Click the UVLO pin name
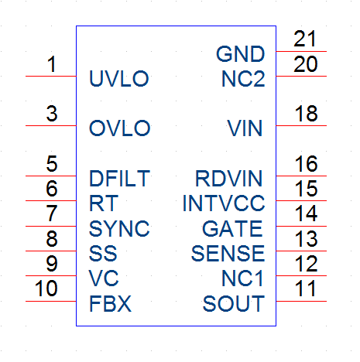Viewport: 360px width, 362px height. (119, 78)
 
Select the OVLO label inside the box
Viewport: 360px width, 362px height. (119, 128)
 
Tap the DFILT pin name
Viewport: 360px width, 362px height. (119, 178)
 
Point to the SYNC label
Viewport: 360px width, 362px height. (119, 228)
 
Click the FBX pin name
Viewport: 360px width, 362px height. (110, 304)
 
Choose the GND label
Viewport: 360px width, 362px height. (241, 54)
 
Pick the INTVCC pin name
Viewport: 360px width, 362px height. (224, 203)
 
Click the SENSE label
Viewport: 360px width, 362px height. (228, 254)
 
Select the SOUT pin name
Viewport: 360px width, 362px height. (234, 304)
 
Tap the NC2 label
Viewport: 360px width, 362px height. (243, 79)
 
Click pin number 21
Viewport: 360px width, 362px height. (305, 39)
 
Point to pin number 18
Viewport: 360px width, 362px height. (306, 114)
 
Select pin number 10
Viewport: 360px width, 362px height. (46, 289)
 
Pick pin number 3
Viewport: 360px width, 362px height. (52, 114)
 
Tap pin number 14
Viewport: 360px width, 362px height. (306, 213)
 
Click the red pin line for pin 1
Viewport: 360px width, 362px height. (51, 77)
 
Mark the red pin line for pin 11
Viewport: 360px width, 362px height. (301, 301)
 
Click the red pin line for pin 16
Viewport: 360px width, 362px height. (301, 176)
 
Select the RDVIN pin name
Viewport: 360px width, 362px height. (228, 178)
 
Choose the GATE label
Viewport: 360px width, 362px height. (232, 228)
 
